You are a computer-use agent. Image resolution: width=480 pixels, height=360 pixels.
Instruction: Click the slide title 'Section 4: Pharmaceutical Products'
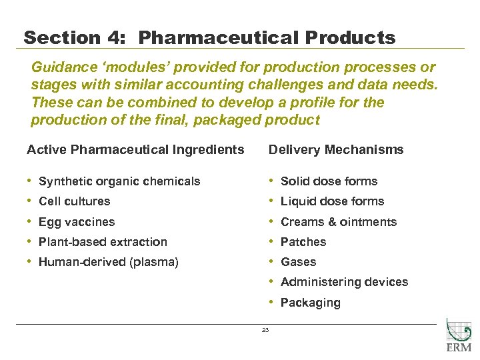tap(209, 37)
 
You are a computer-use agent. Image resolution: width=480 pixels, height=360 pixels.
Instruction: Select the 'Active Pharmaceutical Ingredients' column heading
tap(135, 149)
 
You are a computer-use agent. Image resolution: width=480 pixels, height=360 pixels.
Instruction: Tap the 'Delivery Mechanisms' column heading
tap(336, 149)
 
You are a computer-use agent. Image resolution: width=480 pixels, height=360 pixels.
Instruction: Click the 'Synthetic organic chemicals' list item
tap(119, 181)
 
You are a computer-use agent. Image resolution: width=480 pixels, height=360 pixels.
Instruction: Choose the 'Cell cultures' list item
tap(75, 201)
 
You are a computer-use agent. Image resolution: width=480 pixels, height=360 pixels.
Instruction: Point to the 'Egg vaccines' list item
tap(77, 222)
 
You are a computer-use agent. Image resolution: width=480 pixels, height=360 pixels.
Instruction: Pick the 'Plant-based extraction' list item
tap(103, 242)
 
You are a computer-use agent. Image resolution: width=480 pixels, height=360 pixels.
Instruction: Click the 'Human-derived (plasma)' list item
tap(109, 262)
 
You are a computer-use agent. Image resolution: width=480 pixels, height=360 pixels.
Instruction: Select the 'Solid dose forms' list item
tap(329, 181)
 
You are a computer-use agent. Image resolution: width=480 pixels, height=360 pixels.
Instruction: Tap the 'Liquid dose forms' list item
tap(332, 201)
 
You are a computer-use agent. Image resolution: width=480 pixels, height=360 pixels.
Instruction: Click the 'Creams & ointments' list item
tap(339, 222)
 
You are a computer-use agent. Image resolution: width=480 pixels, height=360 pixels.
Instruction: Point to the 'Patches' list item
tap(303, 242)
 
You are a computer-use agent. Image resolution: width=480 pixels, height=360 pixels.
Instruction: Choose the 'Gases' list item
tap(298, 262)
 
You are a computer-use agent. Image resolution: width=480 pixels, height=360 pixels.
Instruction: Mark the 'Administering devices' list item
tap(344, 282)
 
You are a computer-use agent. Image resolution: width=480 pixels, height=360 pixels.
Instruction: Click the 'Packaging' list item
tap(310, 303)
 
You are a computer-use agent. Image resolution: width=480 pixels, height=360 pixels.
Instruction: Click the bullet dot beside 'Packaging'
tap(271, 302)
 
